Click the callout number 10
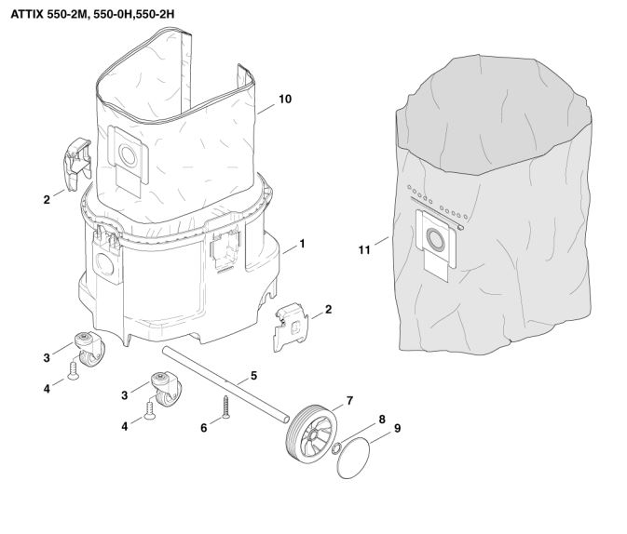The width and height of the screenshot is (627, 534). coord(285,99)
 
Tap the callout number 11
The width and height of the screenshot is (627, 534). coord(364,250)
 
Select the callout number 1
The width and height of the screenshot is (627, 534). coord(302,244)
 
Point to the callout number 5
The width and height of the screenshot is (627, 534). coord(253,376)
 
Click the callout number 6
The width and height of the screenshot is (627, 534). coord(203,428)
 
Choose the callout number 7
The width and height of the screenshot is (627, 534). coord(350,401)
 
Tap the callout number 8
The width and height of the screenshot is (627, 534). coord(382,420)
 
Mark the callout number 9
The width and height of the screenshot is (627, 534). coord(397,428)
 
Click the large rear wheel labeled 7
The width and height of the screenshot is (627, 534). coord(311,434)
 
